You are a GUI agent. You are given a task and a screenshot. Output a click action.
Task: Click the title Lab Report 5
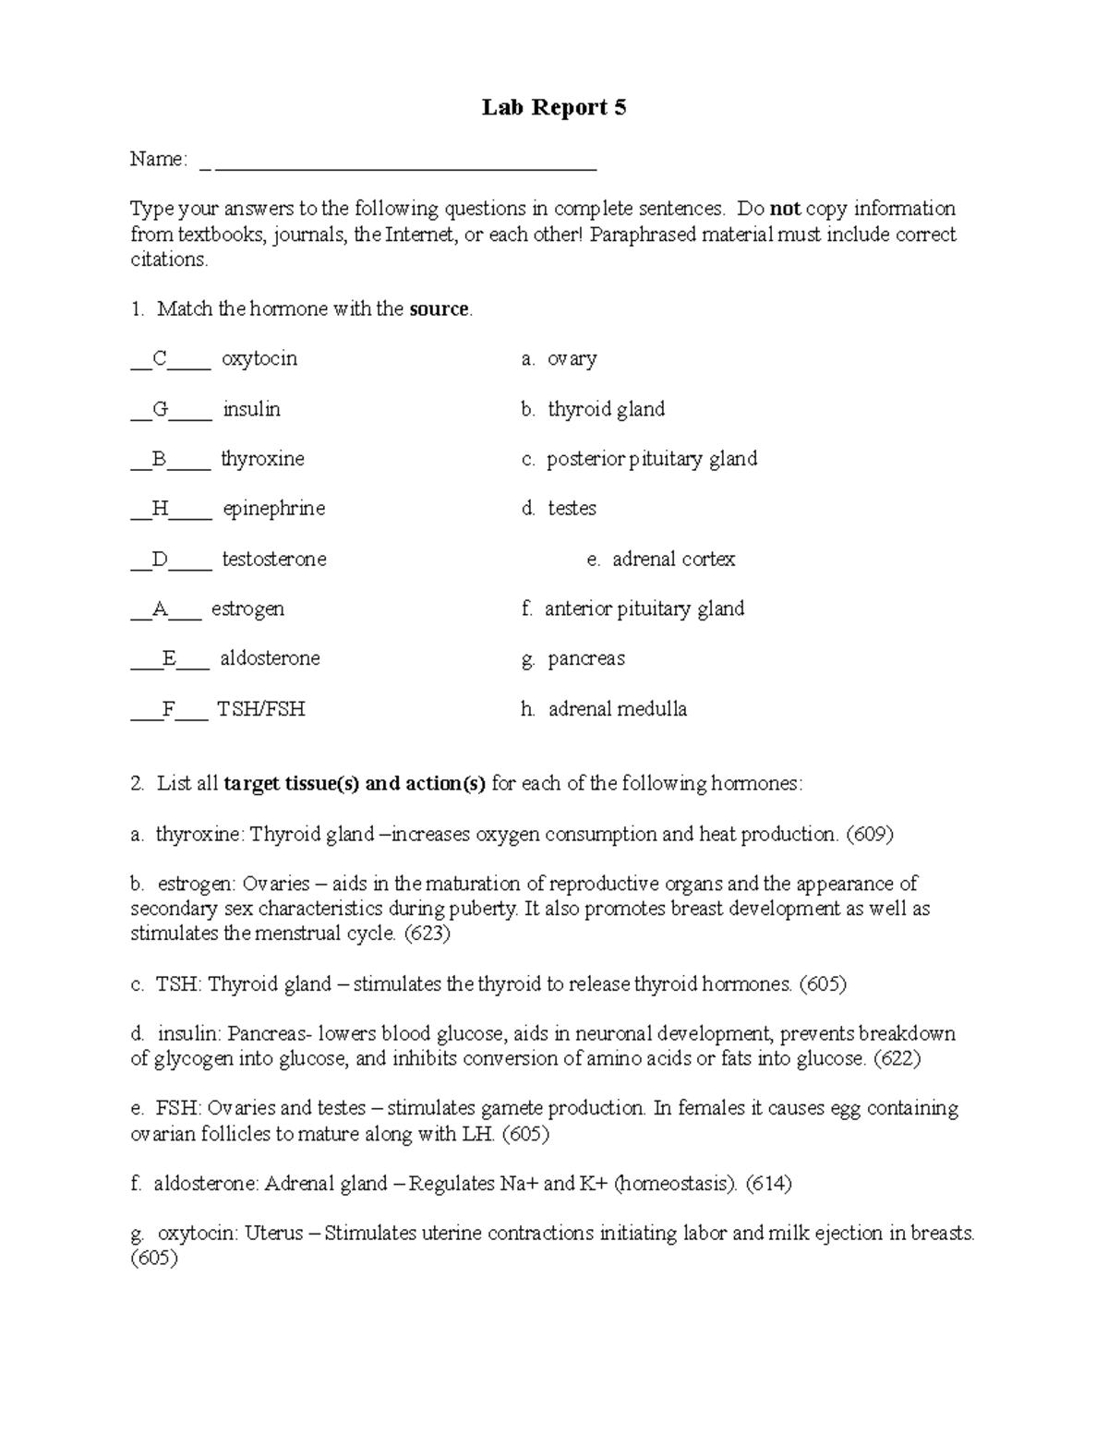click(x=554, y=108)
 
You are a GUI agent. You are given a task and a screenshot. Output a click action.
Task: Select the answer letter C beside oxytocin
click(x=160, y=359)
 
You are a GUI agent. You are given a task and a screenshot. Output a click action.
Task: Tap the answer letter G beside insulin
click(x=161, y=409)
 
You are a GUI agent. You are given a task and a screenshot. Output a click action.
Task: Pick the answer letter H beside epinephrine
click(x=161, y=509)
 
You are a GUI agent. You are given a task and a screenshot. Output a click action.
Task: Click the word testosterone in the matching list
click(x=274, y=560)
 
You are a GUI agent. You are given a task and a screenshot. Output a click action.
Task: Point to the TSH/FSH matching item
click(x=261, y=709)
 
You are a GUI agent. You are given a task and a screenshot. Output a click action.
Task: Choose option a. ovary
click(x=559, y=359)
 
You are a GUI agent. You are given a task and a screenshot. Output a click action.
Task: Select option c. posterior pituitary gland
click(x=639, y=459)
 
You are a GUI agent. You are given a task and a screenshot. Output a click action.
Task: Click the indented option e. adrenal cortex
click(x=661, y=560)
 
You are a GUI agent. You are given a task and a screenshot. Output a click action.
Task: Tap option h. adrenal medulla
click(x=604, y=709)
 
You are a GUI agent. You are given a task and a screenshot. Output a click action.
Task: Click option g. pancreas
click(x=572, y=659)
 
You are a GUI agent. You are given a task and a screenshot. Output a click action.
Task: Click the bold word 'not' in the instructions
click(x=785, y=209)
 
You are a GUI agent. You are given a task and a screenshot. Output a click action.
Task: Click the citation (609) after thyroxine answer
click(x=870, y=835)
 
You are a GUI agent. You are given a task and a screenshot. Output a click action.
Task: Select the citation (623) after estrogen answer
click(x=427, y=934)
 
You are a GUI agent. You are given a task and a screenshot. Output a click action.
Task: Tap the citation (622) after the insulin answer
click(x=897, y=1059)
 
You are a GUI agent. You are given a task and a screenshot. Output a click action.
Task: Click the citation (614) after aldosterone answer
click(x=768, y=1184)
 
